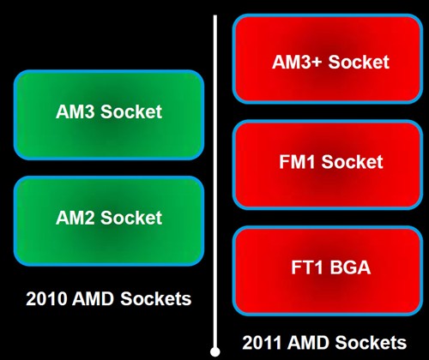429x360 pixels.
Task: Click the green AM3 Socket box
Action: pyautogui.click(x=109, y=115)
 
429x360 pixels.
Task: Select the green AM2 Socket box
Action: pyautogui.click(x=109, y=221)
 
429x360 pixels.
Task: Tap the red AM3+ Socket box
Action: pyautogui.click(x=328, y=58)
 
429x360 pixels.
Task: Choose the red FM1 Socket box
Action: pyautogui.click(x=328, y=165)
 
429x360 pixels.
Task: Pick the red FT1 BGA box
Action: pyautogui.click(x=328, y=271)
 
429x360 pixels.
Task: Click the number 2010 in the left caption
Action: pyautogui.click(x=46, y=299)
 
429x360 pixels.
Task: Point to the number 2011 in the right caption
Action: pyautogui.click(x=262, y=343)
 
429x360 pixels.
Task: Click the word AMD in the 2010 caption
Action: pyautogui.click(x=93, y=299)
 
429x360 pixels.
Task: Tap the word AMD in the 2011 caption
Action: pyautogui.click(x=308, y=343)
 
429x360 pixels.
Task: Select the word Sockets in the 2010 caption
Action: pyautogui.click(x=156, y=299)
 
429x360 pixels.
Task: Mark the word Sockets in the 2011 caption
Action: pyautogui.click(x=371, y=343)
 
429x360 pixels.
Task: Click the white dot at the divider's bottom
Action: pyautogui.click(x=215, y=351)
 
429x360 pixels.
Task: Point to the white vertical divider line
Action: pyautogui.click(x=215, y=181)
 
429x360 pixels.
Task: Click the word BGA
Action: pyautogui.click(x=350, y=267)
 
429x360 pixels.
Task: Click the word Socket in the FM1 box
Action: pyautogui.click(x=353, y=162)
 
